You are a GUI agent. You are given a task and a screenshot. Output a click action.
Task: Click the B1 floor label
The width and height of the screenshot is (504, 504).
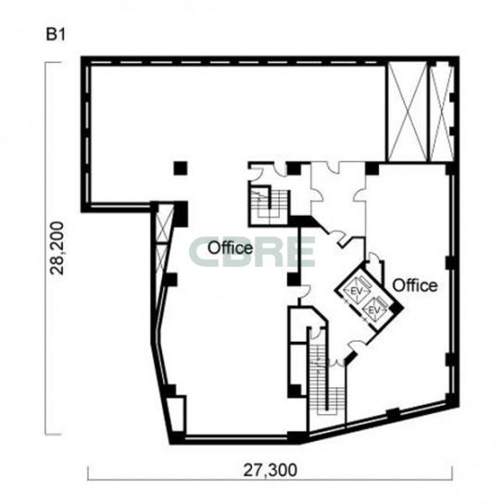(x=56, y=34)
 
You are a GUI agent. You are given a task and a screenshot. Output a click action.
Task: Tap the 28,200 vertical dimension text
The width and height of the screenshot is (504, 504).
(x=57, y=247)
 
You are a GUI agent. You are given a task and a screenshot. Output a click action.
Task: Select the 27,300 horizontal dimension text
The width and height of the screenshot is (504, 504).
(x=270, y=471)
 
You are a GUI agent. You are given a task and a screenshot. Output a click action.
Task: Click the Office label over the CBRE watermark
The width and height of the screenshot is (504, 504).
(x=230, y=248)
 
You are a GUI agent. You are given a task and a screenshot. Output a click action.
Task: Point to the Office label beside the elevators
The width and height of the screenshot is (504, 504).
(x=415, y=285)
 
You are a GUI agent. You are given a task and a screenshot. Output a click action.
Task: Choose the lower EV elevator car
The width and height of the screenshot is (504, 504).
(x=373, y=309)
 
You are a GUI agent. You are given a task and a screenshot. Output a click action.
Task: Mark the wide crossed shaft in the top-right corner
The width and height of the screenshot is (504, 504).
(x=408, y=112)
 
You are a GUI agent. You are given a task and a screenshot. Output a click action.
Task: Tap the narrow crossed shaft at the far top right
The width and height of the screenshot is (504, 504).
(x=442, y=112)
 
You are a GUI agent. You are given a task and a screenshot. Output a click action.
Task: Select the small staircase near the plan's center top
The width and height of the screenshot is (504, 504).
(x=270, y=205)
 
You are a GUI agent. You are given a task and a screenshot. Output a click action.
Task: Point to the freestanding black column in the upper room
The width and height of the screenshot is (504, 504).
(x=181, y=168)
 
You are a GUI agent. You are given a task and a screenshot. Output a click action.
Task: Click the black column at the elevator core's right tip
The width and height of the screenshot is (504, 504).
(x=396, y=309)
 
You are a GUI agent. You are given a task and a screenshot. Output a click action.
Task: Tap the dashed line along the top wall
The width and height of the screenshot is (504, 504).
(x=233, y=62)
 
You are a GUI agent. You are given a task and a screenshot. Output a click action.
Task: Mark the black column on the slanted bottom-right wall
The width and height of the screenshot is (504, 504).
(x=393, y=413)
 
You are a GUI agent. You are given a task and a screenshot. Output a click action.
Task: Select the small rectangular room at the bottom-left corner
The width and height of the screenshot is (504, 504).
(x=177, y=415)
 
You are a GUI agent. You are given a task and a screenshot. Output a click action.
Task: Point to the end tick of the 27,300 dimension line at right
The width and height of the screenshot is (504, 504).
(x=452, y=473)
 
